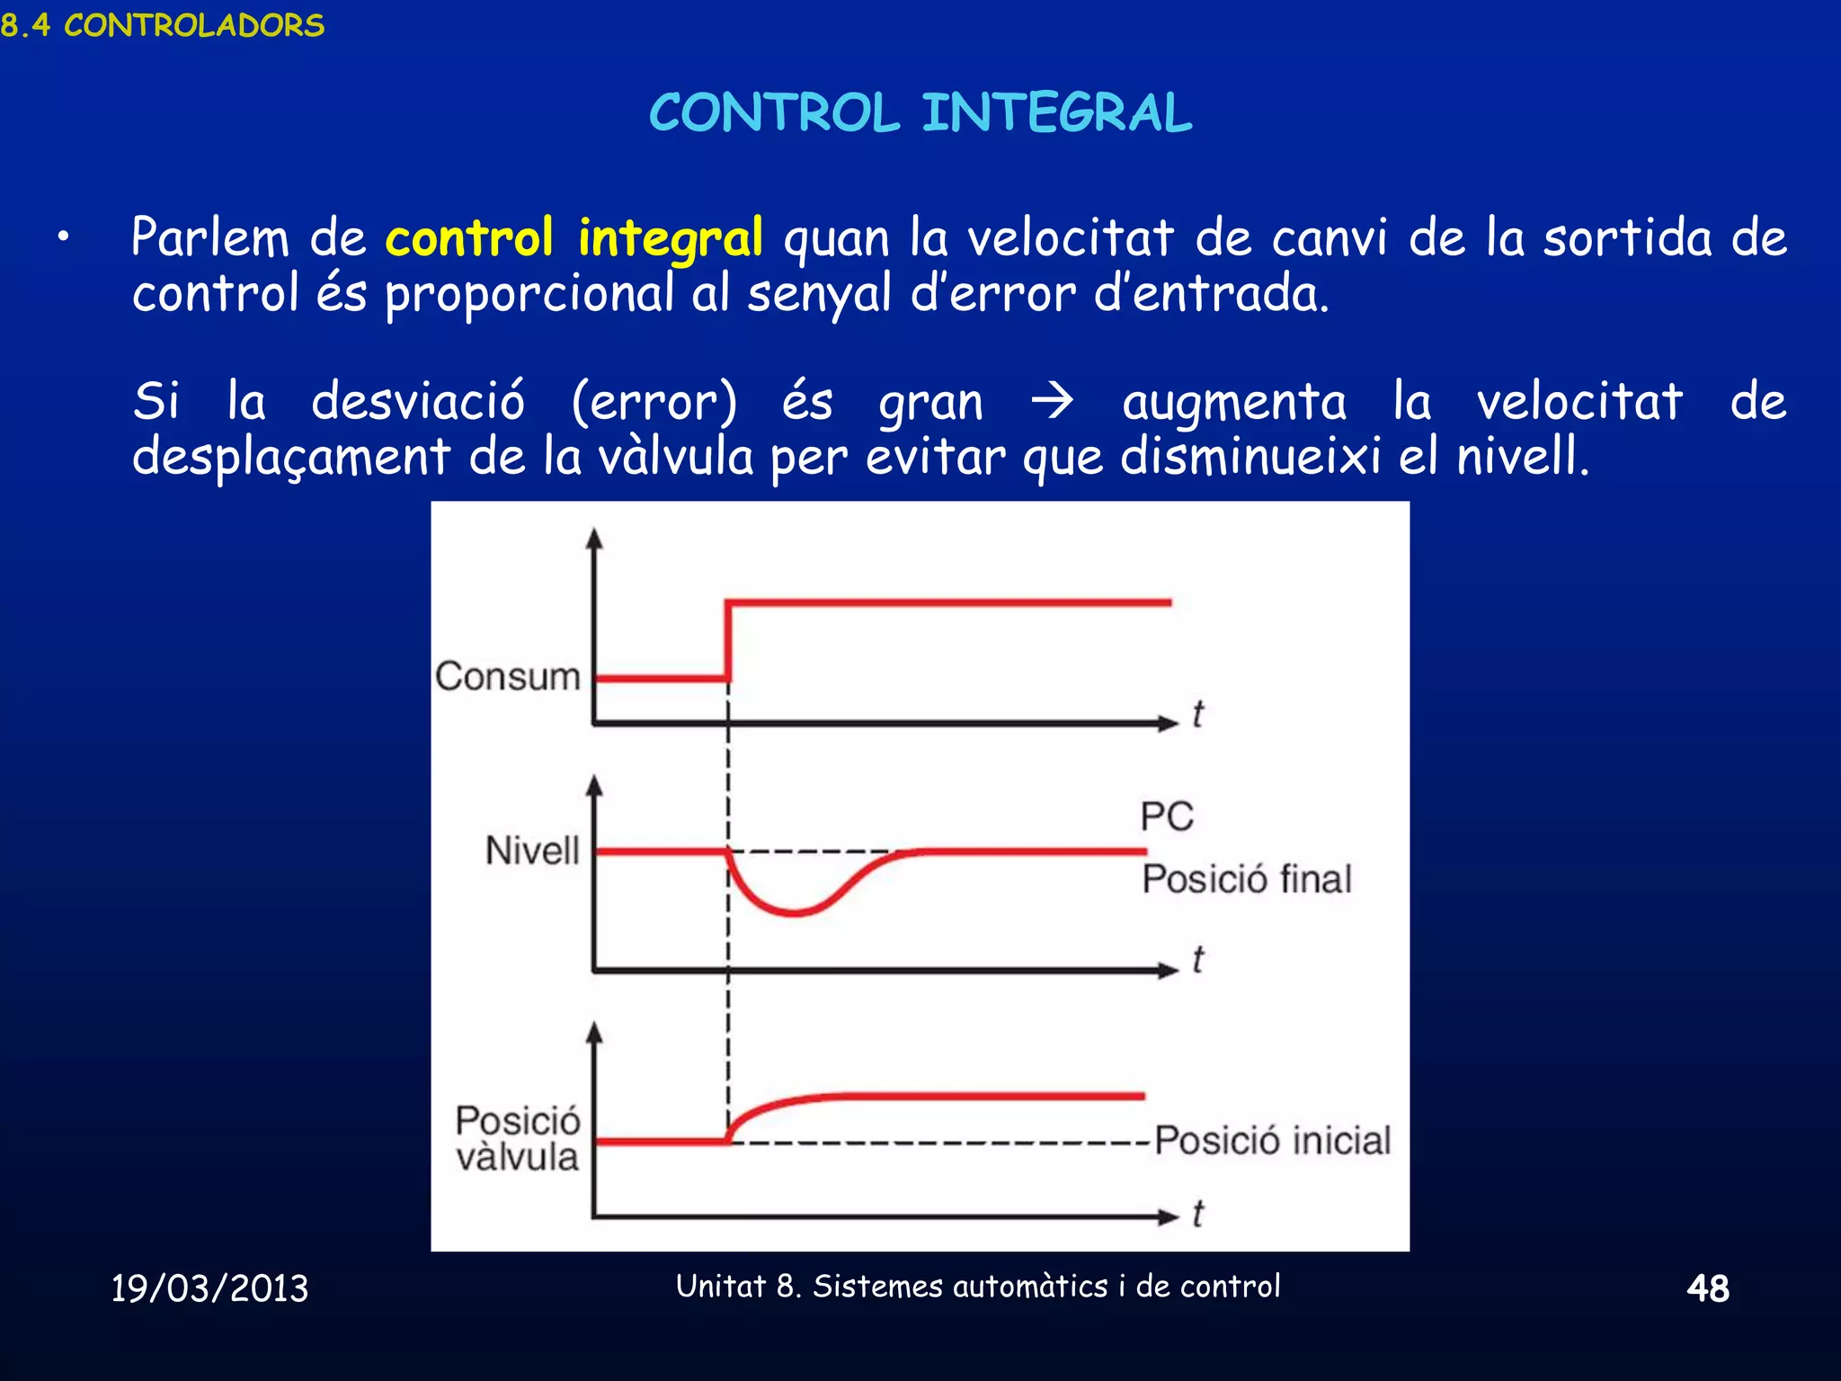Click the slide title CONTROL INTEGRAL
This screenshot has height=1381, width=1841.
click(x=920, y=113)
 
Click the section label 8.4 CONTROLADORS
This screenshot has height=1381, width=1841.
click(x=163, y=25)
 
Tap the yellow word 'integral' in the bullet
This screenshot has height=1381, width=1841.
click(x=670, y=238)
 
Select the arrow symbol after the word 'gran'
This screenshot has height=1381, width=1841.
click(x=1052, y=401)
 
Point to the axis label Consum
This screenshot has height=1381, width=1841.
click(x=508, y=676)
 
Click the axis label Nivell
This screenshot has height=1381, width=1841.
click(x=532, y=851)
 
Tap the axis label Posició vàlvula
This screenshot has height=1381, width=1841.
click(x=518, y=1139)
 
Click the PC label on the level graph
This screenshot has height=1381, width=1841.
click(x=1167, y=816)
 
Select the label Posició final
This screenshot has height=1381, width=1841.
click(x=1247, y=879)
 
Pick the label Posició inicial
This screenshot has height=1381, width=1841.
click(x=1272, y=1140)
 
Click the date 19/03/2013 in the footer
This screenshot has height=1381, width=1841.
click(x=209, y=1288)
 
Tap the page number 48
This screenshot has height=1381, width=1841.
click(x=1708, y=1288)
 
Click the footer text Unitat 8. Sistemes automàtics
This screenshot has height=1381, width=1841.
click(x=978, y=1287)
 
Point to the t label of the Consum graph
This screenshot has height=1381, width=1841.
click(x=1197, y=714)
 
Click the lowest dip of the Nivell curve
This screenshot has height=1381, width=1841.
click(x=795, y=913)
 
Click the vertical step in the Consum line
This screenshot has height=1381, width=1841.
click(x=728, y=640)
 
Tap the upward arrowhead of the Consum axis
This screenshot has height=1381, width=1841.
click(x=594, y=539)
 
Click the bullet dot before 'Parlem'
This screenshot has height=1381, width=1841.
click(x=62, y=238)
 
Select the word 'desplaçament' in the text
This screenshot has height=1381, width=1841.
click(x=291, y=457)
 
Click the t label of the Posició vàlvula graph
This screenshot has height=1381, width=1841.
click(x=1197, y=1214)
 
